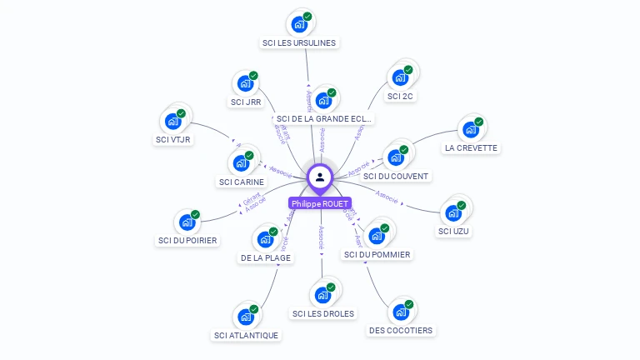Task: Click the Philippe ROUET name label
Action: [320, 203]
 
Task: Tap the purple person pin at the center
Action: [320, 177]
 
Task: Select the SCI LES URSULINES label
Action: [300, 42]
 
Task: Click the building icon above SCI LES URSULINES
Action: [298, 23]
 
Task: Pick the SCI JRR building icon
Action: [245, 83]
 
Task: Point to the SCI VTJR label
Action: [173, 139]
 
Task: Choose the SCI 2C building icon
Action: [400, 78]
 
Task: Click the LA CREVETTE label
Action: [471, 147]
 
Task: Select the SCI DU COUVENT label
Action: [396, 176]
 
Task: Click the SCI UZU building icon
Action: [454, 212]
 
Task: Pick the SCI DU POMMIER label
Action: [377, 254]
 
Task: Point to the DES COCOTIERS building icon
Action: [401, 312]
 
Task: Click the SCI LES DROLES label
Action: [323, 313]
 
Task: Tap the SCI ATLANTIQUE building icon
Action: [246, 317]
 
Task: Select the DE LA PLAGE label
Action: [266, 258]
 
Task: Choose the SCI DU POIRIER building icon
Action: [187, 222]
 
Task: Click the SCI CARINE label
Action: [242, 182]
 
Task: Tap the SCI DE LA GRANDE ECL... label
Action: [324, 118]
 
